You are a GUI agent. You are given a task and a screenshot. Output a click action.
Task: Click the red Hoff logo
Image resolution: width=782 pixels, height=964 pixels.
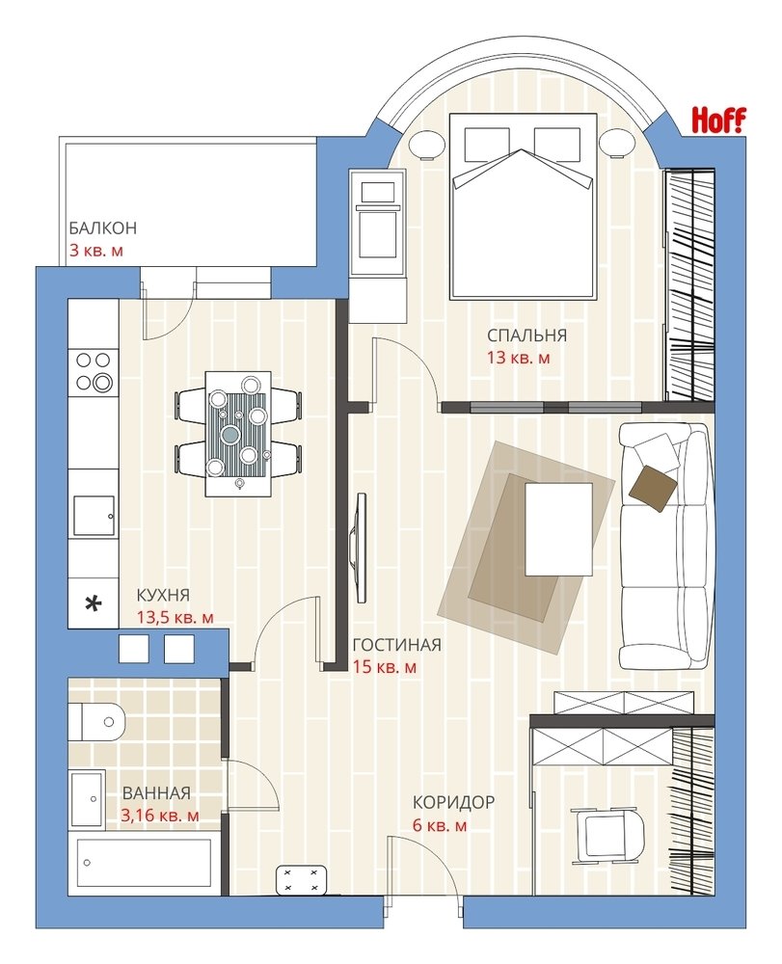pyautogui.click(x=718, y=120)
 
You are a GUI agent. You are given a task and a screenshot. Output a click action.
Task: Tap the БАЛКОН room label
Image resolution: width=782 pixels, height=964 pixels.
pyautogui.click(x=102, y=228)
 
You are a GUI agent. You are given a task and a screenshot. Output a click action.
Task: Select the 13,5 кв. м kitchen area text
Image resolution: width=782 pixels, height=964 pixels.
pyautogui.click(x=175, y=617)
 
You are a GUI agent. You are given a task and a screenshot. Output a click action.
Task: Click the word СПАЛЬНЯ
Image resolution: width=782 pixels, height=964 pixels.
pyautogui.click(x=526, y=335)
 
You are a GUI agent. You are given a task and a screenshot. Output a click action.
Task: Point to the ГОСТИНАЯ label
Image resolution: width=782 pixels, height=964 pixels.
pyautogui.click(x=396, y=644)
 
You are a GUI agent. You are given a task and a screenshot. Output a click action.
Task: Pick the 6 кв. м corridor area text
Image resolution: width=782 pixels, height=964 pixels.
pyautogui.click(x=440, y=825)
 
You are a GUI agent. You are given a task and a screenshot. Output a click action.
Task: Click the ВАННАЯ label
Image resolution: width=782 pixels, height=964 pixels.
pyautogui.click(x=156, y=793)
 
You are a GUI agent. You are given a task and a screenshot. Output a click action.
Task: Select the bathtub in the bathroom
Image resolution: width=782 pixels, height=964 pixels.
pyautogui.click(x=144, y=865)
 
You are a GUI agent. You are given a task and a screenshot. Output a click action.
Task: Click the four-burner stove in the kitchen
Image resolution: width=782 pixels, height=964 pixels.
pyautogui.click(x=94, y=371)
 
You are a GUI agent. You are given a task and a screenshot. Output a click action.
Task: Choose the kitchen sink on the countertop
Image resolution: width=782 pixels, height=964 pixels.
pyautogui.click(x=94, y=515)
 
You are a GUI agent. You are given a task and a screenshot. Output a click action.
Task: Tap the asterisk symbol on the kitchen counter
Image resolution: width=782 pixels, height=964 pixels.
pyautogui.click(x=93, y=604)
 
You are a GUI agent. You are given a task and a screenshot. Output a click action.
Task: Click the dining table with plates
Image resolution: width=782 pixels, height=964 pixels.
pyautogui.click(x=238, y=434)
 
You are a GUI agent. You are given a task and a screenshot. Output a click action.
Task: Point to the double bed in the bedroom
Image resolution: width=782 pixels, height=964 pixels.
pyautogui.click(x=524, y=206)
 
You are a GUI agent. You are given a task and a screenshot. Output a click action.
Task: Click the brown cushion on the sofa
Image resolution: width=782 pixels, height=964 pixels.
pyautogui.click(x=653, y=488)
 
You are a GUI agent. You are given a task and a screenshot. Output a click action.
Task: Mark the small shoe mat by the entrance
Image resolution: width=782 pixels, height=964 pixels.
pyautogui.click(x=301, y=880)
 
